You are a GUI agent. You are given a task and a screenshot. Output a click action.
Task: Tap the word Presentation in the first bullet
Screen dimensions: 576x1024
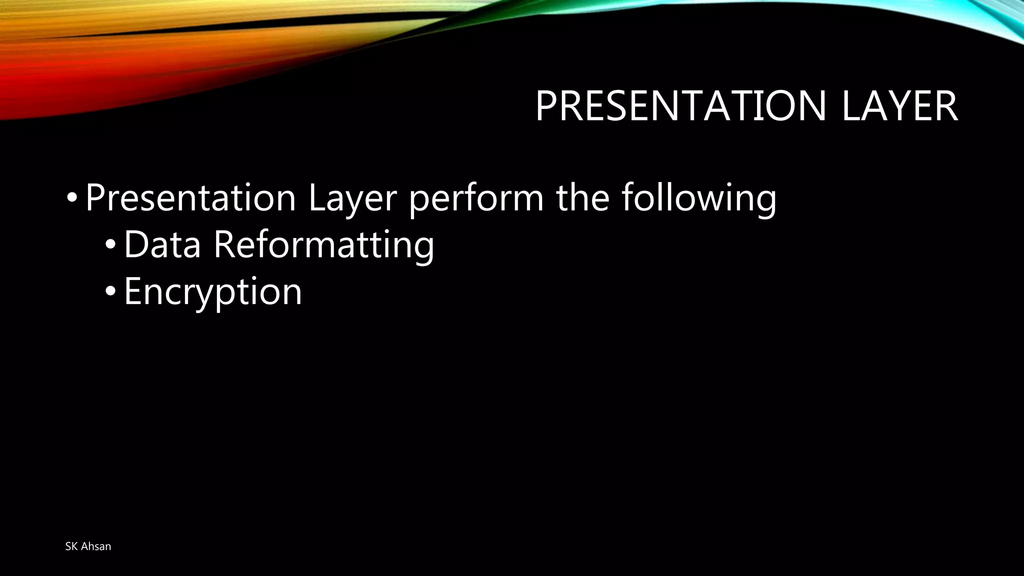pyautogui.click(x=190, y=198)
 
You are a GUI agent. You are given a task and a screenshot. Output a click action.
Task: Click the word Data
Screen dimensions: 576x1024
pyautogui.click(x=162, y=245)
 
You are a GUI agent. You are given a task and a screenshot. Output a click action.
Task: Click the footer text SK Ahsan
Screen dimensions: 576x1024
pyautogui.click(x=88, y=546)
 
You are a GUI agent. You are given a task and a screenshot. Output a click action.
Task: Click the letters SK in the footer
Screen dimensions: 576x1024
pyautogui.click(x=71, y=546)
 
